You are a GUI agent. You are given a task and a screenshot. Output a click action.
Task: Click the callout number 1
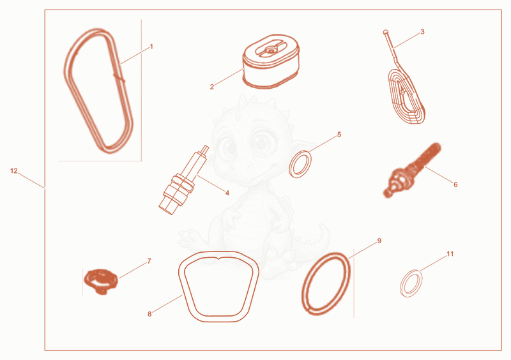click(x=151, y=47)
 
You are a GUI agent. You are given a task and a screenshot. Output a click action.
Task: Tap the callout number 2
click(x=212, y=87)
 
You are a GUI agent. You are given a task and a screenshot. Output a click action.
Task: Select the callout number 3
click(x=423, y=32)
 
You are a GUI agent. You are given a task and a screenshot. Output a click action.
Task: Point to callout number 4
click(x=227, y=193)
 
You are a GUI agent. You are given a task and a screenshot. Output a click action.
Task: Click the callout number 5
click(x=339, y=135)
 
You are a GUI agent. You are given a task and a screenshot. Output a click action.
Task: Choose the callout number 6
click(x=455, y=184)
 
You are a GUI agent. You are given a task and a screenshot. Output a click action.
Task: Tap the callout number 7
click(x=149, y=261)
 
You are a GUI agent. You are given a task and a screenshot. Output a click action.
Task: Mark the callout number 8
click(x=149, y=314)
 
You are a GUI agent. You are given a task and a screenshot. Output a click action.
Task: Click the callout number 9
click(x=379, y=241)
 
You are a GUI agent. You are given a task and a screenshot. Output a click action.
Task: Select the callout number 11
click(x=450, y=253)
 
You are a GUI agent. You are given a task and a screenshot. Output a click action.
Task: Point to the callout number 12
click(x=13, y=170)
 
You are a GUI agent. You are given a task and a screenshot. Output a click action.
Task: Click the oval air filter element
click(x=271, y=61)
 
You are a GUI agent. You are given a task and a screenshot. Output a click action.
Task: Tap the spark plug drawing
click(x=184, y=180)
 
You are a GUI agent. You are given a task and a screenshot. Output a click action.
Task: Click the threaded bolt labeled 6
click(x=412, y=170)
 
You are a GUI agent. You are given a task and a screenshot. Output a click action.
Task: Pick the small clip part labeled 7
click(x=100, y=281)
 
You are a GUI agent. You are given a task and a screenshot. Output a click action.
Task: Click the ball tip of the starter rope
click(x=386, y=32)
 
